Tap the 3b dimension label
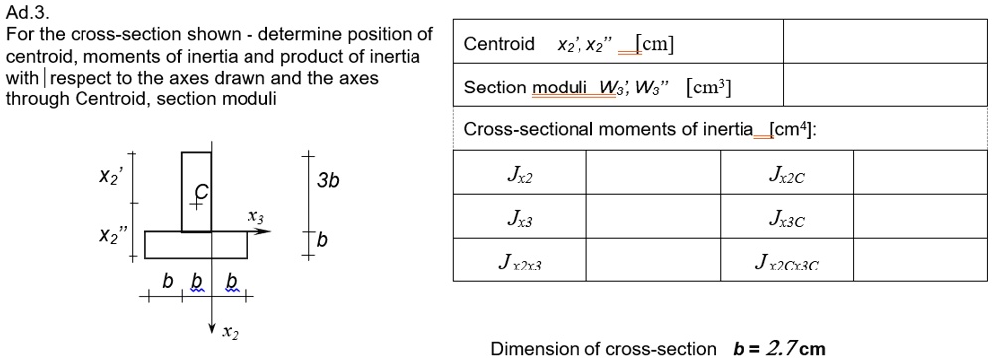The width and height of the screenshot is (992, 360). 328,181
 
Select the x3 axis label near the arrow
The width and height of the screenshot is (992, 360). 256,216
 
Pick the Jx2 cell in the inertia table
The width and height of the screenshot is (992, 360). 519,175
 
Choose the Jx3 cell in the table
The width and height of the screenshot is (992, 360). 519,219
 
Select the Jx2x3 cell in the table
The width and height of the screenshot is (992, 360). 519,263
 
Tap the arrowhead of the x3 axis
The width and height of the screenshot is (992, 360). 265,231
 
